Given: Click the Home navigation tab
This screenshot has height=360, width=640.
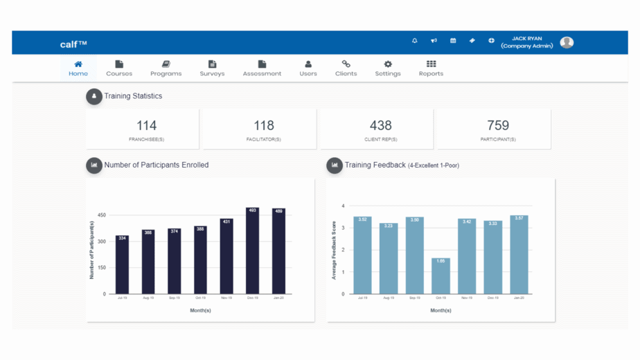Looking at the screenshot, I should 78,68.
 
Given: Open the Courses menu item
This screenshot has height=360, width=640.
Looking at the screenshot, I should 119,68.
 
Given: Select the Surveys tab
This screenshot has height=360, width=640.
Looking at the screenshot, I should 212,68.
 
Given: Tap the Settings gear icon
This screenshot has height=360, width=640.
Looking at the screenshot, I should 388,64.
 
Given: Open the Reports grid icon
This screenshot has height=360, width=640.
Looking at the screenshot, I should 431,64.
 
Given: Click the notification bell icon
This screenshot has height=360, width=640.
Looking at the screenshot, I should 415,41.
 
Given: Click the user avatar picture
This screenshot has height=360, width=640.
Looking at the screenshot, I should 567,42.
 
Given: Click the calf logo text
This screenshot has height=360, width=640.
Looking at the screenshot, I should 73,44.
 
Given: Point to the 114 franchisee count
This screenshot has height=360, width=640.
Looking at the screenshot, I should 146,125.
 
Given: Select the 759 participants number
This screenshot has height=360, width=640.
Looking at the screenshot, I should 497,125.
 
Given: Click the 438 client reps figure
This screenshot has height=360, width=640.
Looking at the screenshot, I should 380,125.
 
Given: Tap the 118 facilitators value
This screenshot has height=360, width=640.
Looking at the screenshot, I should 263,125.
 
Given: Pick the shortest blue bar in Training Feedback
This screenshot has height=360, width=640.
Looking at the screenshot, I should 441,277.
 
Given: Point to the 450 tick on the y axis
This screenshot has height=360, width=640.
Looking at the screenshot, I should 101,215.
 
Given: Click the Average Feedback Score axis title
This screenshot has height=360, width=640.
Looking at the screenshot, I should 334,250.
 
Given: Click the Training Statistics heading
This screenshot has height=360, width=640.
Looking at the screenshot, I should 133,96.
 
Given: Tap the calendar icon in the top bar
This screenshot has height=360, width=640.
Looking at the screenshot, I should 453,41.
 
